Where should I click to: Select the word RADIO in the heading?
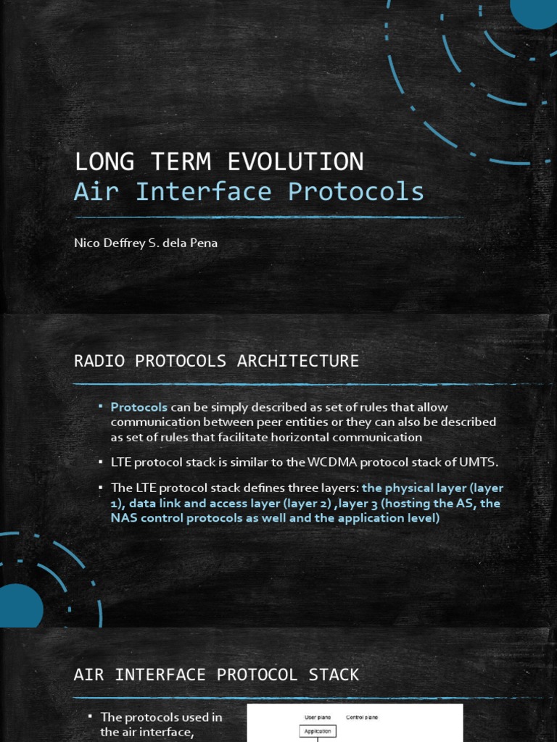[97, 361]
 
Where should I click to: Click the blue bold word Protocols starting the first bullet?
[139, 407]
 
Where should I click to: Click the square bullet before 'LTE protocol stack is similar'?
[100, 462]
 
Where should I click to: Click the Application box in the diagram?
[317, 731]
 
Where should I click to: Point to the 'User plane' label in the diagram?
[317, 717]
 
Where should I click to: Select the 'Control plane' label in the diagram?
[362, 717]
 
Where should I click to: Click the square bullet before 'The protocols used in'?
[90, 717]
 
